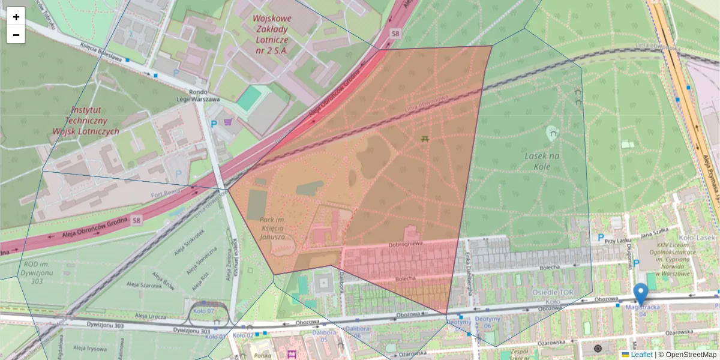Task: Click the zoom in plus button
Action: pos(16,17)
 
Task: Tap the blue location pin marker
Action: pos(641,294)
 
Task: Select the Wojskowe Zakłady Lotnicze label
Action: pos(272,35)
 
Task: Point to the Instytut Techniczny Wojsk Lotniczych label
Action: pos(95,121)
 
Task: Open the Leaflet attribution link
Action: pos(641,355)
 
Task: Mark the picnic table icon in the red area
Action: pos(425,139)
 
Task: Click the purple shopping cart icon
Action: pos(227,122)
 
